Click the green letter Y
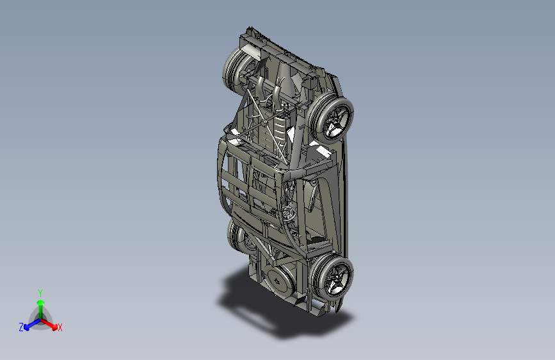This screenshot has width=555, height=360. [40, 293]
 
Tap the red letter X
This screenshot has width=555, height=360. [60, 327]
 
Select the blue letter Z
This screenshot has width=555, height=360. [21, 327]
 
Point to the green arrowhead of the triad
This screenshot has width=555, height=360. [41, 302]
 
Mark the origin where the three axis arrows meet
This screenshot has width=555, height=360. [41, 320]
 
